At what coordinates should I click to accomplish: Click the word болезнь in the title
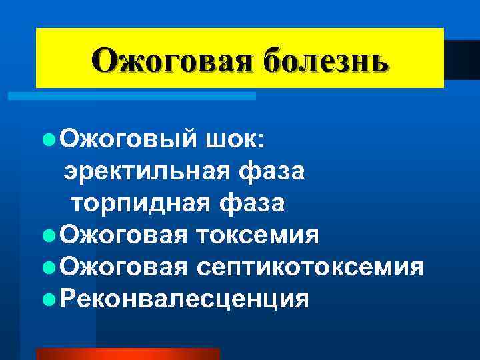click(x=325, y=61)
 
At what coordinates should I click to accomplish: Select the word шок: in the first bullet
click(x=235, y=141)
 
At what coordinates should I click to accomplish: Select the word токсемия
click(x=257, y=235)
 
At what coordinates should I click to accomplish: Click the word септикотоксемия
click(x=309, y=267)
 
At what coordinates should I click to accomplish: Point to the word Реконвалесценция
click(x=183, y=298)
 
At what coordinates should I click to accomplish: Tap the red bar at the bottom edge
click(x=127, y=354)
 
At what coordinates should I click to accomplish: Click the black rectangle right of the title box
click(x=461, y=60)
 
